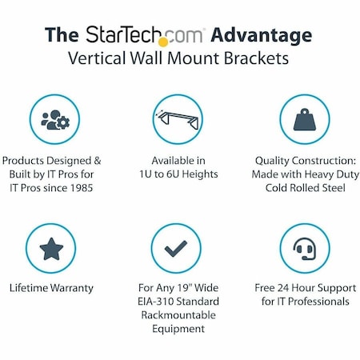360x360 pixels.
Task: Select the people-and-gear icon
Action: tap(54, 119)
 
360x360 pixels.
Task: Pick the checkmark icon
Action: tap(175, 249)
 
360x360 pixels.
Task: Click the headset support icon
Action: tap(306, 249)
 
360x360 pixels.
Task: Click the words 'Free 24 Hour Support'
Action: tap(306, 287)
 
